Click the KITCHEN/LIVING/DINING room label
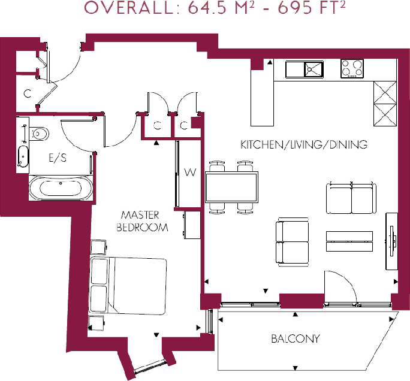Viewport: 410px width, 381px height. click(304, 144)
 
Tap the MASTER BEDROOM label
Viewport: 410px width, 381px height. click(142, 221)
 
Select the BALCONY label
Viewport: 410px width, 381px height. click(296, 338)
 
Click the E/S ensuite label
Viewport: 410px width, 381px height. click(58, 158)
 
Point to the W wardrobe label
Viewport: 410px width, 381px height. click(190, 172)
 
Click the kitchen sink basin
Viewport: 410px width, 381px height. click(313, 69)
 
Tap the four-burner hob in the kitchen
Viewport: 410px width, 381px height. click(352, 68)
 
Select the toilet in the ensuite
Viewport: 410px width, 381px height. click(39, 134)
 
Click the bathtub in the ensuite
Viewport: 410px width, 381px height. click(61, 188)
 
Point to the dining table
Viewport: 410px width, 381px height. click(231, 187)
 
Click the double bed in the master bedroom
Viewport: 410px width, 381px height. click(128, 286)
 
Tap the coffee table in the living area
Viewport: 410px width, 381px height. click(349, 241)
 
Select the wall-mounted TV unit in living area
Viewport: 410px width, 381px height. click(391, 241)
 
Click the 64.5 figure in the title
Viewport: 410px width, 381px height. click(207, 8)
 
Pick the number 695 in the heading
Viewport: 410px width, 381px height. click(296, 8)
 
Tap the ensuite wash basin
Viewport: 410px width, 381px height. click(23, 156)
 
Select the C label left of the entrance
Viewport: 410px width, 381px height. click(27, 93)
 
